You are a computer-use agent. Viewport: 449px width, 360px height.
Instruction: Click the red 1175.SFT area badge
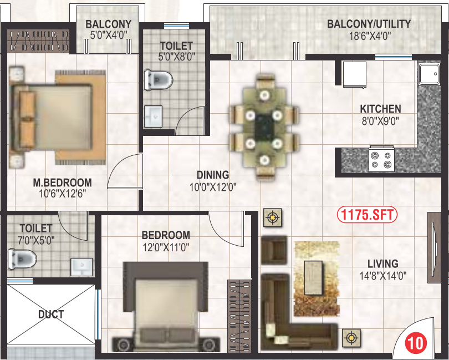[368, 215]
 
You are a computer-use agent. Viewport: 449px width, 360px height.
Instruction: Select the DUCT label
[51, 315]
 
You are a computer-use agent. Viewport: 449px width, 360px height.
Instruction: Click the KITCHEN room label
[380, 109]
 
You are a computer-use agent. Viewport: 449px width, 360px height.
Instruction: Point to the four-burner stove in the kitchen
[381, 160]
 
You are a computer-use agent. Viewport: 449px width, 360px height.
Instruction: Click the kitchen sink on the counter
[428, 74]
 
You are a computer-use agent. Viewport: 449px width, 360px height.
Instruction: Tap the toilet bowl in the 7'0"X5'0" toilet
[23, 258]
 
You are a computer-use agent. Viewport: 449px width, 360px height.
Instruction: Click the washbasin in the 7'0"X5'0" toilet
[82, 266]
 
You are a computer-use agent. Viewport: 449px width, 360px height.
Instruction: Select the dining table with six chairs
[264, 127]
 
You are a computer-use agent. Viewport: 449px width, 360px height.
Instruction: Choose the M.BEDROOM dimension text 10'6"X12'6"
[62, 194]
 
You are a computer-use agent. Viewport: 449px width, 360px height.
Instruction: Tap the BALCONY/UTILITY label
[369, 24]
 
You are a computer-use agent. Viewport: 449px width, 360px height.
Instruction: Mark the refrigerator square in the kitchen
[354, 74]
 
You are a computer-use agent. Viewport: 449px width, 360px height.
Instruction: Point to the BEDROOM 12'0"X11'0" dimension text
[165, 247]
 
